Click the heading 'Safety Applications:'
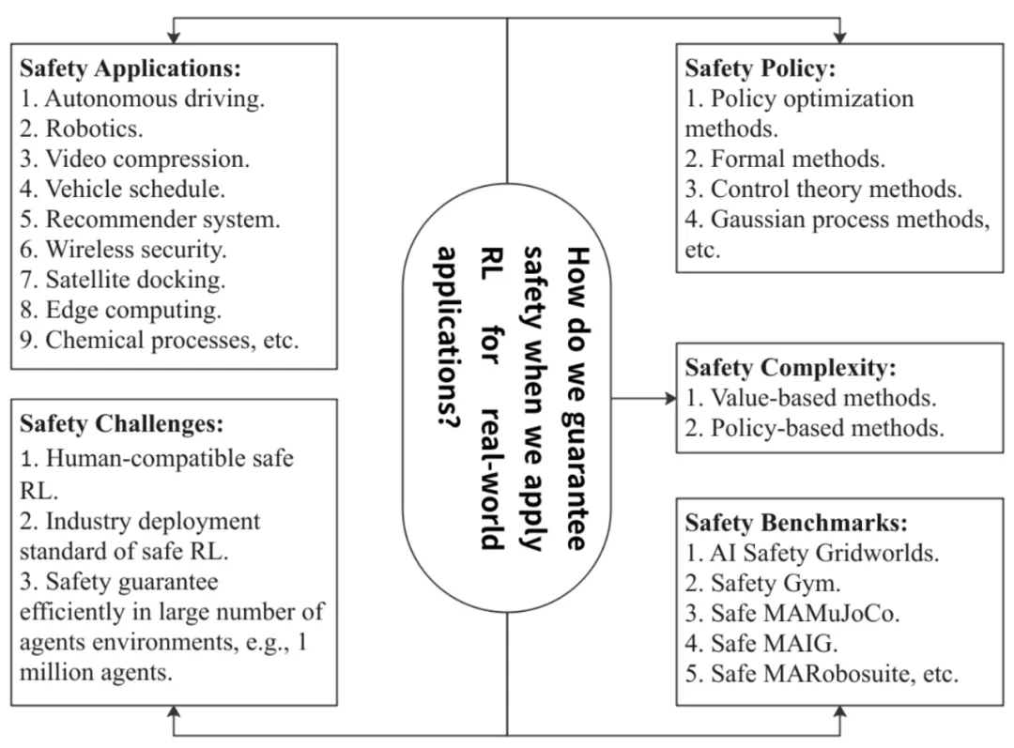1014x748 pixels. pos(131,69)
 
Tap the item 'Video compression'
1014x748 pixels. pos(146,159)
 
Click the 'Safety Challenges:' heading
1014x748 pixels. pos(121,424)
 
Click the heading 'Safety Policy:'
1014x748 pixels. pos(760,69)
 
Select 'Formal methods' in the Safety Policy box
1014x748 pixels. pos(797,159)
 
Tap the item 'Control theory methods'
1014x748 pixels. pos(836,189)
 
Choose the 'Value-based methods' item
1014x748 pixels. pos(822,397)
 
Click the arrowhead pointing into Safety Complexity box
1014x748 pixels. pos(670,398)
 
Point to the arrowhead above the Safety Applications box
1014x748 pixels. pos(173,37)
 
